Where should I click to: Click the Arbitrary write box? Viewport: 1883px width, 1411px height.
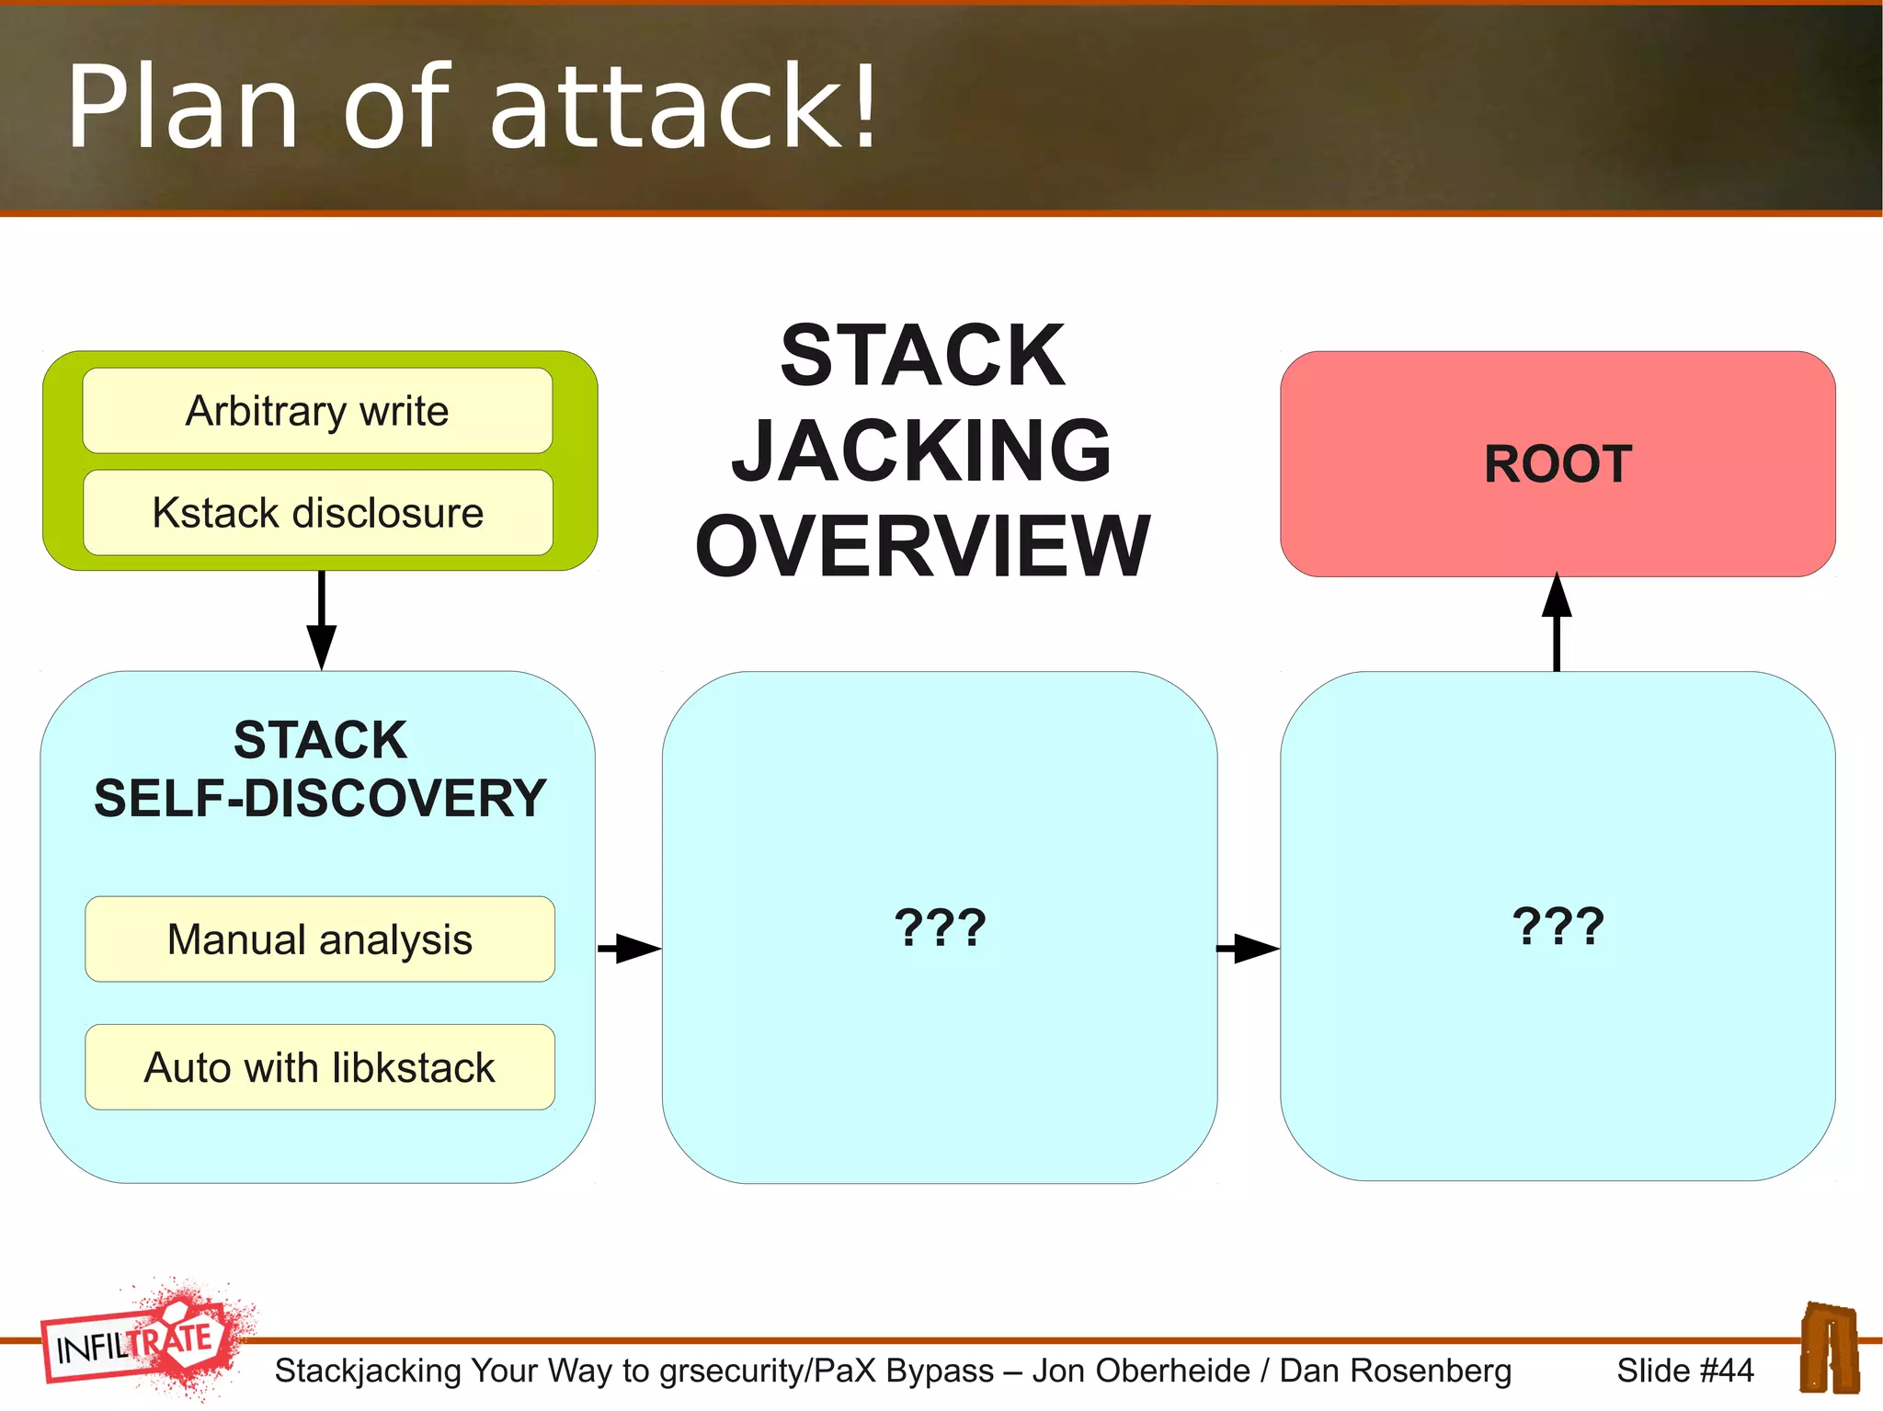click(317, 411)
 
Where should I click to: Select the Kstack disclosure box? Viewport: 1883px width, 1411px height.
click(317, 513)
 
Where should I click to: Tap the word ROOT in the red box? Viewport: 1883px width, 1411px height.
click(1558, 464)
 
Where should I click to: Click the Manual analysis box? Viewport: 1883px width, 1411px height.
click(319, 939)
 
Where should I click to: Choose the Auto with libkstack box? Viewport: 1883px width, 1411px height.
click(319, 1067)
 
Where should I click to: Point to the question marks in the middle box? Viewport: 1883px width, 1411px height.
click(940, 927)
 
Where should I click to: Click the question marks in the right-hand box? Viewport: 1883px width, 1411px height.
click(1558, 926)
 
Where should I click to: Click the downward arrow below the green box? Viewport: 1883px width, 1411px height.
click(321, 621)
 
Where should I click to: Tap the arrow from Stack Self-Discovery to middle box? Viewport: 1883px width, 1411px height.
click(629, 948)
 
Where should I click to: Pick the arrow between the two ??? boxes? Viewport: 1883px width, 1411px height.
click(1248, 948)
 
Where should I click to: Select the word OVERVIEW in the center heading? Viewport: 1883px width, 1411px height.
click(921, 546)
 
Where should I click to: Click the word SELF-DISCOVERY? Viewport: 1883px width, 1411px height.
click(320, 798)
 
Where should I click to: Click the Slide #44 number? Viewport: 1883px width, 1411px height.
click(1684, 1371)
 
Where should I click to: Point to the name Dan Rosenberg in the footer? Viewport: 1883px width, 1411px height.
click(1395, 1371)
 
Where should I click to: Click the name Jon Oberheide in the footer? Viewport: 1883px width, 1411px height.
click(1140, 1371)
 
